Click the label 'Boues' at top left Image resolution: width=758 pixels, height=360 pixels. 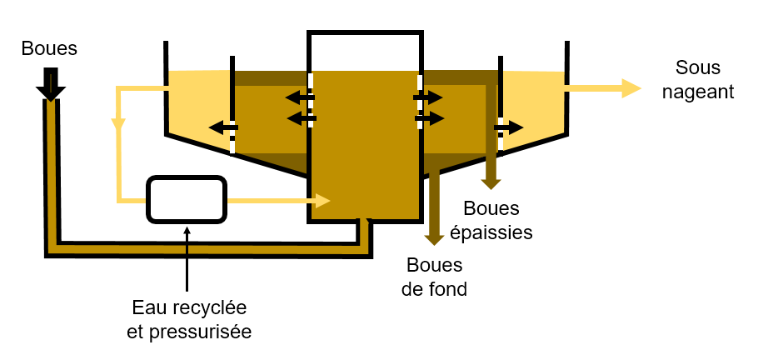click(x=50, y=48)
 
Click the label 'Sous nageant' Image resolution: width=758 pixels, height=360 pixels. click(x=697, y=79)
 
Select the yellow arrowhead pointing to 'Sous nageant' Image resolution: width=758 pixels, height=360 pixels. click(x=630, y=87)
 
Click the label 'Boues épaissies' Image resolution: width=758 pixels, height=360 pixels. click(x=491, y=220)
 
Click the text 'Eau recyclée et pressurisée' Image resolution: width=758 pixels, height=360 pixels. click(x=189, y=319)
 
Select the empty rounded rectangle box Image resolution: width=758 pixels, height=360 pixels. click(x=187, y=200)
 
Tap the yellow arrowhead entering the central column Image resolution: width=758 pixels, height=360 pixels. click(x=322, y=200)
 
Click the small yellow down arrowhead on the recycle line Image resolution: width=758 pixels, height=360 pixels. click(x=118, y=125)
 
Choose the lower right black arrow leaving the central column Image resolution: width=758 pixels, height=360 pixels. click(x=429, y=118)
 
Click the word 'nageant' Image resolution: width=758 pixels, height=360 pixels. click(x=697, y=91)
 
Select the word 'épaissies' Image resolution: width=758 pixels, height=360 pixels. click(x=491, y=232)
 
